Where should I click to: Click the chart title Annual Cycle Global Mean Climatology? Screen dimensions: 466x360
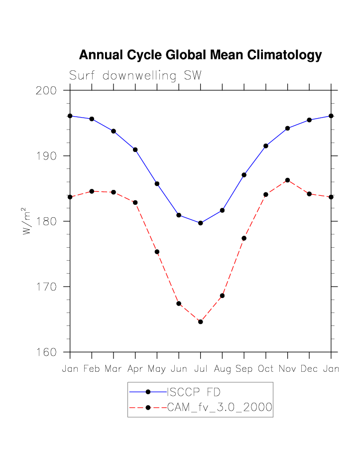pos(200,55)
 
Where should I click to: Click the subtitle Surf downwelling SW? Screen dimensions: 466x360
pos(135,76)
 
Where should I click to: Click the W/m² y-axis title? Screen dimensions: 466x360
pos(27,221)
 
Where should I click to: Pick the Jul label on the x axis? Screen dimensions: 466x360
pos(200,369)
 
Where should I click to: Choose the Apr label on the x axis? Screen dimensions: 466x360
pos(135,369)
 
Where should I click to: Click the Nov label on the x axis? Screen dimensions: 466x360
pos(287,369)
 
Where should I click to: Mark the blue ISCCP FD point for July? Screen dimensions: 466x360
pos(200,223)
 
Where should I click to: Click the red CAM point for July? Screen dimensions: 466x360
pos(200,321)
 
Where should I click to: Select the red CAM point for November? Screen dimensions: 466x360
pos(287,180)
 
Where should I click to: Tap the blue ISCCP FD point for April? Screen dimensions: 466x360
pos(135,150)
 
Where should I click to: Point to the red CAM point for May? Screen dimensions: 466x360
pos(157,252)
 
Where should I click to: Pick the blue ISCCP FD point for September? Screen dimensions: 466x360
pos(244,175)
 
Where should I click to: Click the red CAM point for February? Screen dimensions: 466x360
pos(92,191)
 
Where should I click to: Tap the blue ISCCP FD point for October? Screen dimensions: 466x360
pos(266,146)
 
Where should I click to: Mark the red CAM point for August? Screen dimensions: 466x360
pos(222,296)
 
